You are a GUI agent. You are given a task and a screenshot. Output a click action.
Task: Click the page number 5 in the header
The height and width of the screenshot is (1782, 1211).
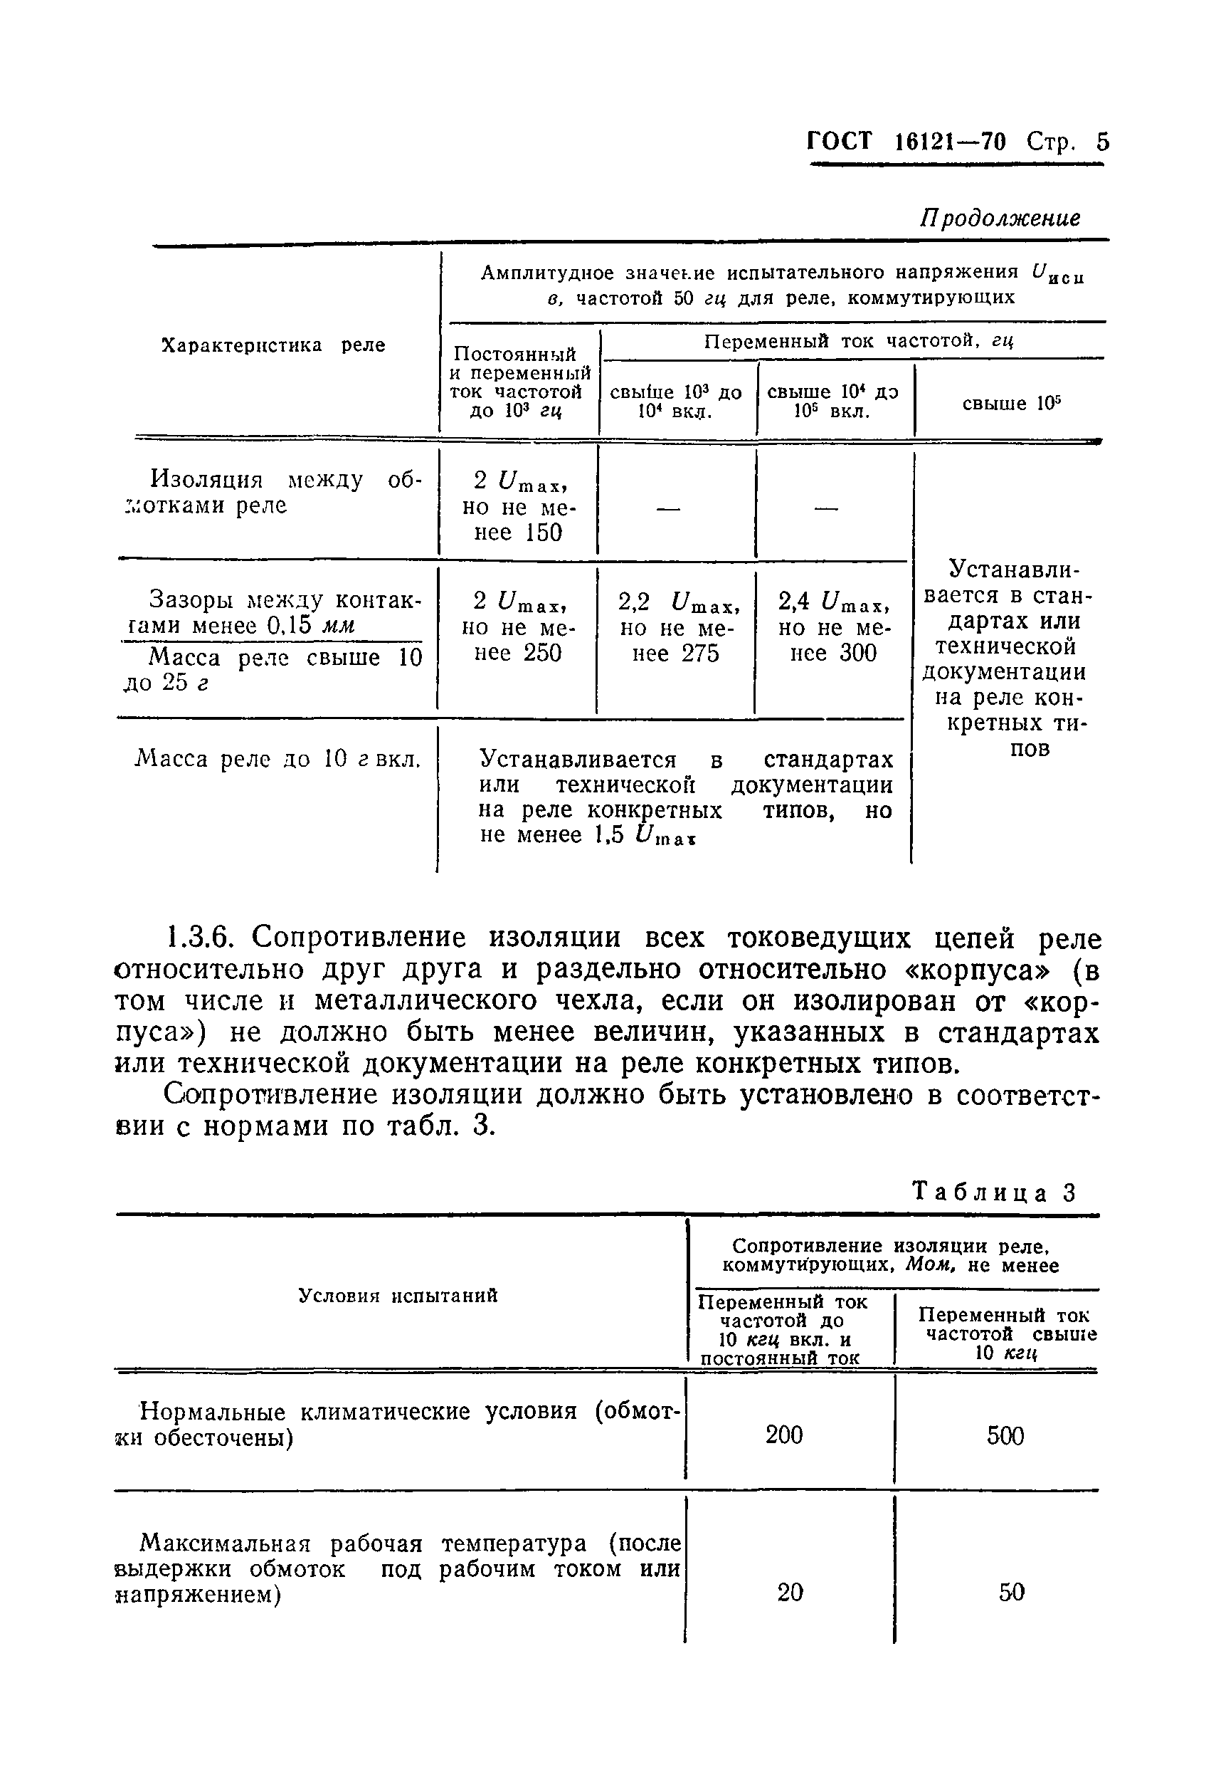coord(1101,142)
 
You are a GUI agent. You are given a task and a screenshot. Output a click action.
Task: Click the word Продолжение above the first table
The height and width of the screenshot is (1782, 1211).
coord(1000,219)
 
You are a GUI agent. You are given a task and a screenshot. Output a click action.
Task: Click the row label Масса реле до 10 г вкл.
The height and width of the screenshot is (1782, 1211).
coord(277,760)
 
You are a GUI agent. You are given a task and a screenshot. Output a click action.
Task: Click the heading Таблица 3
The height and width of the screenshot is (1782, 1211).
coord(993,1193)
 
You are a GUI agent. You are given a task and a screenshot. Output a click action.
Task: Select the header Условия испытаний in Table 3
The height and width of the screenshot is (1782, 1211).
coord(398,1296)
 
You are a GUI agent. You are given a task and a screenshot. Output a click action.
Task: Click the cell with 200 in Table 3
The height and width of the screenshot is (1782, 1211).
coord(784,1435)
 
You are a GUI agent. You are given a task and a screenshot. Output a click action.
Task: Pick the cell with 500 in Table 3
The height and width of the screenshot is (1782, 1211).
coord(1005,1435)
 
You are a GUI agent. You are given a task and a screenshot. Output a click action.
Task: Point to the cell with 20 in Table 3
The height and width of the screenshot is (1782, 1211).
coord(790,1593)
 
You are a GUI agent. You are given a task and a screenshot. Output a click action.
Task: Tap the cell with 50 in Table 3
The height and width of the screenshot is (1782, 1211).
coord(1011,1593)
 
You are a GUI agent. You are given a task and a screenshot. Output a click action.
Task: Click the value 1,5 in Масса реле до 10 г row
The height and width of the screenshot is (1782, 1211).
coord(609,835)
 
